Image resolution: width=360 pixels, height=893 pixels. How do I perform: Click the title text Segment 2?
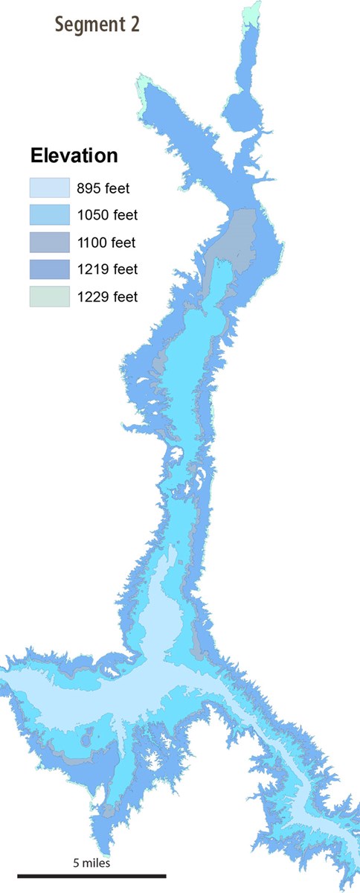97,25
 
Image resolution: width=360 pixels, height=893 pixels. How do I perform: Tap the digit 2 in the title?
134,25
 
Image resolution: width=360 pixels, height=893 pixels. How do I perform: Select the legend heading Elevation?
74,156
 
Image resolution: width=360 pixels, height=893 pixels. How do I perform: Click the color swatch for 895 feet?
49,188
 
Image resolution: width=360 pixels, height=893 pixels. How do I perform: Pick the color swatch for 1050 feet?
49,215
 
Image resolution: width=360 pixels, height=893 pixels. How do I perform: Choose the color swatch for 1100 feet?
49,242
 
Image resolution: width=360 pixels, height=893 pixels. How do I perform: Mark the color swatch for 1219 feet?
49,269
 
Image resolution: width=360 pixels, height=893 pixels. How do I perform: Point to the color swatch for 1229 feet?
49,296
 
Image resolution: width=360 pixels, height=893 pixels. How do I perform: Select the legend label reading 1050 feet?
107,215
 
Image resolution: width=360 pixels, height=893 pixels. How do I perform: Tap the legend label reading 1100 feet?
107,242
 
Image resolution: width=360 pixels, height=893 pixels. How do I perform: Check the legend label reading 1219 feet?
107,269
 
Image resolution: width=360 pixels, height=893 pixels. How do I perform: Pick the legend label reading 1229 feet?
107,296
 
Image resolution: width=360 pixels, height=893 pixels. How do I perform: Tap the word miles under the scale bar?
96,863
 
